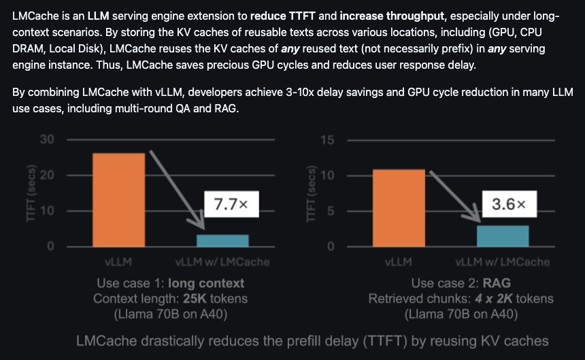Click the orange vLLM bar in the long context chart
pyautogui.click(x=118, y=200)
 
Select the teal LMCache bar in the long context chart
pyautogui.click(x=222, y=241)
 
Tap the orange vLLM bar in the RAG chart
pyautogui.click(x=399, y=208)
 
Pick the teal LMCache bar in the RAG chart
pyautogui.click(x=503, y=235)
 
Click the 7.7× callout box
pyautogui.click(x=231, y=204)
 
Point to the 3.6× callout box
pyautogui.click(x=509, y=203)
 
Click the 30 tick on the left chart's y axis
pyautogui.click(x=47, y=140)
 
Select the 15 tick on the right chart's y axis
pyautogui.click(x=327, y=140)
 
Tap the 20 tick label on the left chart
pyautogui.click(x=47, y=175)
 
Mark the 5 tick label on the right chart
pyautogui.click(x=331, y=211)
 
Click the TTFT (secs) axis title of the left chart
pyautogui.click(x=31, y=193)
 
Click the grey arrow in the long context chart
pyautogui.click(x=178, y=190)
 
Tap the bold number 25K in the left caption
pyautogui.click(x=195, y=299)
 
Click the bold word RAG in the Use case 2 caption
pyautogui.click(x=497, y=283)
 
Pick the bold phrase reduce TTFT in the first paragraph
pyautogui.click(x=283, y=16)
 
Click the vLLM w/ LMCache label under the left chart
pyautogui.click(x=222, y=262)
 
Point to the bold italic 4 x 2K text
pyautogui.click(x=493, y=299)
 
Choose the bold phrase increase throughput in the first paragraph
pyautogui.click(x=392, y=16)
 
